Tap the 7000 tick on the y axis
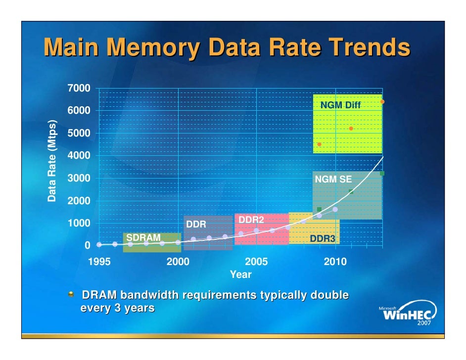click(79, 89)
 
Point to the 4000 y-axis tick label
click(79, 156)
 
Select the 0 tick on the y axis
click(87, 245)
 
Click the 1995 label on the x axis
click(99, 262)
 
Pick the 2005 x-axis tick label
click(256, 262)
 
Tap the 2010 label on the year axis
click(335, 262)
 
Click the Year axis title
click(240, 274)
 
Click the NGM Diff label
click(340, 105)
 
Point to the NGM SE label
click(333, 180)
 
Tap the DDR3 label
click(322, 239)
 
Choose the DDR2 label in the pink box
click(251, 220)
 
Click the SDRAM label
click(143, 237)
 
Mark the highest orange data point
click(382, 102)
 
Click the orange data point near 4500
click(319, 144)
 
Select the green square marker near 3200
click(382, 174)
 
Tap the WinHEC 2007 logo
click(406, 315)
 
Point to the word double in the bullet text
click(329, 296)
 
